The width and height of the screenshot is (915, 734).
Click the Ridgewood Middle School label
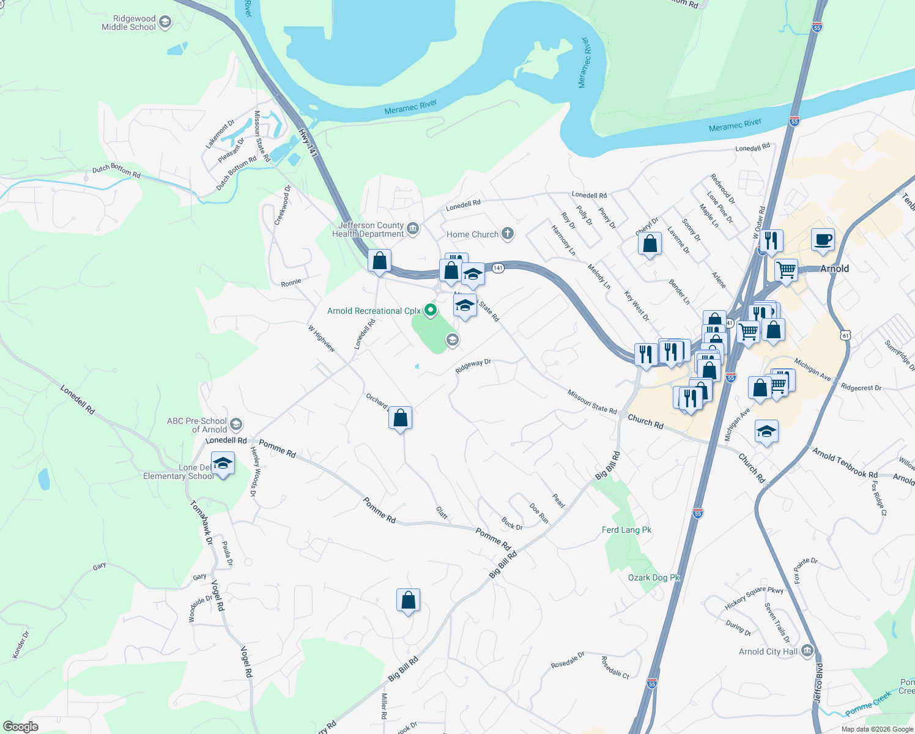click(x=128, y=23)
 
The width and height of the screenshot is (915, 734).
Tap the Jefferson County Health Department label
click(x=368, y=230)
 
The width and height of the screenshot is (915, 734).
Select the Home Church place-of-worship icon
click(x=507, y=234)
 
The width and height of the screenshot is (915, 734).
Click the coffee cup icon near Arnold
click(x=823, y=240)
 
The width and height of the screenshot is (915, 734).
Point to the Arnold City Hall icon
click(x=807, y=651)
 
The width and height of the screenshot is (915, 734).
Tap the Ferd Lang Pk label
click(x=626, y=530)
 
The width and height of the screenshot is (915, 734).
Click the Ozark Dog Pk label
click(x=654, y=578)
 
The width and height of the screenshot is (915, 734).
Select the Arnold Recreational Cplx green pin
click(x=431, y=311)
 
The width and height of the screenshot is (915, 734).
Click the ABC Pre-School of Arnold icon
click(x=236, y=424)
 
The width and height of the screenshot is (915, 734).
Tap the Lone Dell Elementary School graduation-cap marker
click(x=223, y=464)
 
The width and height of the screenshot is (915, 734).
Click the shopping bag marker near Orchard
click(x=401, y=419)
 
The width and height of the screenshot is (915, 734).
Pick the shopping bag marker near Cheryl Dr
click(x=650, y=244)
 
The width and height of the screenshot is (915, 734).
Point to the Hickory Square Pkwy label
click(x=754, y=598)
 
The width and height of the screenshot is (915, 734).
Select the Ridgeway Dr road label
click(x=473, y=366)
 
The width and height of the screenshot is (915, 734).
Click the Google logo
click(x=21, y=727)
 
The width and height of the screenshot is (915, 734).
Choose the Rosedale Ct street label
click(x=615, y=667)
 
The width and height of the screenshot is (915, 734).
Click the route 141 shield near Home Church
click(x=498, y=268)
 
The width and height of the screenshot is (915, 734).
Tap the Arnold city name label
click(x=834, y=269)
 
